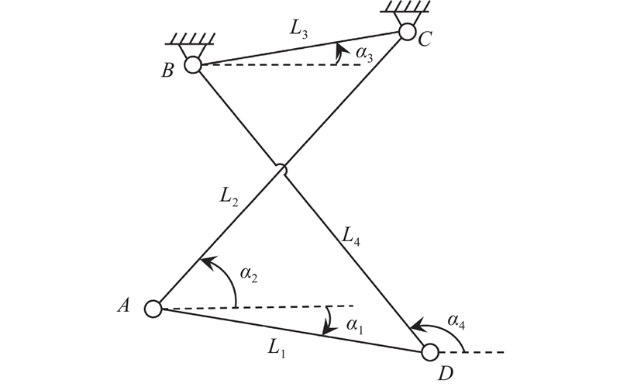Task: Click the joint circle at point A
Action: (x=153, y=309)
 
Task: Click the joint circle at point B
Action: (x=193, y=66)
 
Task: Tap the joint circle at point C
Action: (x=408, y=32)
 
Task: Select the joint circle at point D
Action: (x=429, y=352)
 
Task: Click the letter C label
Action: (x=425, y=40)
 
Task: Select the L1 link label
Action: (x=277, y=349)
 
